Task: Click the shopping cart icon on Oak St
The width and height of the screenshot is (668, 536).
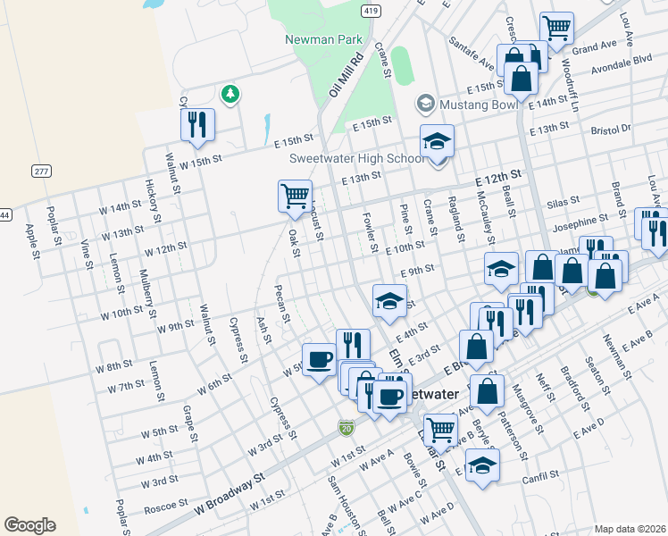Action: pyautogui.click(x=295, y=195)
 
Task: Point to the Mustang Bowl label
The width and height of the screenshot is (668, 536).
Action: pyautogui.click(x=479, y=105)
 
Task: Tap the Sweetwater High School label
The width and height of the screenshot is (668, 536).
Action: pyautogui.click(x=356, y=159)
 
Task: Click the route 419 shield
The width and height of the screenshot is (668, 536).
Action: pyautogui.click(x=370, y=10)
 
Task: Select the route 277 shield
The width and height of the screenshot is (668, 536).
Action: pyautogui.click(x=40, y=171)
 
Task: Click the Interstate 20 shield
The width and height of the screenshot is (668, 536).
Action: pyautogui.click(x=346, y=429)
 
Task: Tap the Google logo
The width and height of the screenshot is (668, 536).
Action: pyautogui.click(x=29, y=524)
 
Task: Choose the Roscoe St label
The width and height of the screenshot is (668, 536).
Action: pyautogui.click(x=165, y=506)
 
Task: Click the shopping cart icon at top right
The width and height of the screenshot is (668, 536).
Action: pyautogui.click(x=557, y=29)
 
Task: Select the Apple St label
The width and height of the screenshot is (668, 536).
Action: pyautogui.click(x=32, y=236)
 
